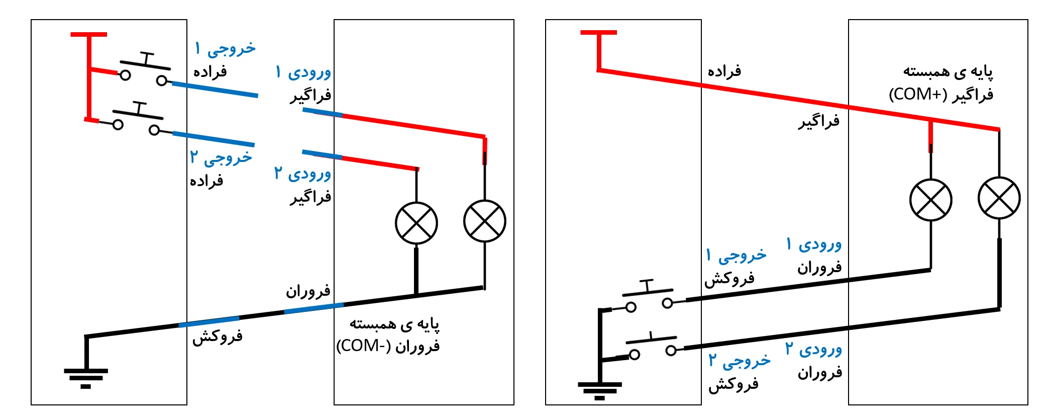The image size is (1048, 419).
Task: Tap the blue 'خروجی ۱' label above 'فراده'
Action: (225, 49)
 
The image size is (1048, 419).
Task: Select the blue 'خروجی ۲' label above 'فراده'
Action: (221, 157)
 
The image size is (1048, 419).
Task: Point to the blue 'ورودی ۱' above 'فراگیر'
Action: (303, 72)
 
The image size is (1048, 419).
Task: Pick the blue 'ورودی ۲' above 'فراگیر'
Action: (302, 174)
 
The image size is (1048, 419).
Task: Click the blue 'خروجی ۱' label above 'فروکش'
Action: (736, 256)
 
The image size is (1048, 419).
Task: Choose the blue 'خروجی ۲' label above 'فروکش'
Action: (739, 361)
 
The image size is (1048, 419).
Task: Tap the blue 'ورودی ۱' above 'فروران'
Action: (814, 245)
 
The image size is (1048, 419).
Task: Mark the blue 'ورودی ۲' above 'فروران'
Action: (813, 349)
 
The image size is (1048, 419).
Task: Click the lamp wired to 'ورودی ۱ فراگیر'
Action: (485, 221)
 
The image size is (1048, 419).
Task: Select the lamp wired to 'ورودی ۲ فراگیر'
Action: (416, 223)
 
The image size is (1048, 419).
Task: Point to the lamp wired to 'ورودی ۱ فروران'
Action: (931, 200)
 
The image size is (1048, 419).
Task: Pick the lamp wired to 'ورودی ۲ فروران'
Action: (999, 198)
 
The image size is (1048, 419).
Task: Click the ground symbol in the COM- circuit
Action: (86, 377)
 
